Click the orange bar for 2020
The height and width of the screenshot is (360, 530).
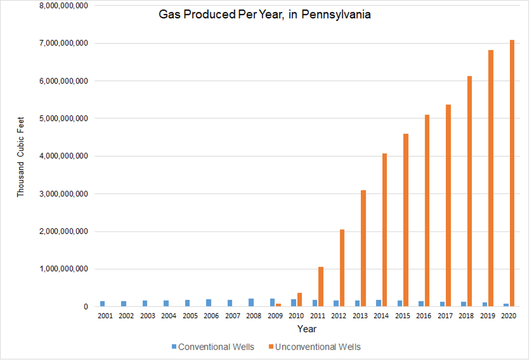[512, 173]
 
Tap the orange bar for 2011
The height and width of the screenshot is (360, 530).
[321, 287]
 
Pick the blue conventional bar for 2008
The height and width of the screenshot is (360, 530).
[251, 303]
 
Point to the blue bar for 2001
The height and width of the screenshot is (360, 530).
[103, 304]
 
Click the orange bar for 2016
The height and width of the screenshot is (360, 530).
[427, 211]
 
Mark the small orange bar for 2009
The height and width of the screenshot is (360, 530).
[278, 305]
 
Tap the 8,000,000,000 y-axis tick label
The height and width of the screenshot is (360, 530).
[64, 5]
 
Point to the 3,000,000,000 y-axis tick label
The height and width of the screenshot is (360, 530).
[64, 194]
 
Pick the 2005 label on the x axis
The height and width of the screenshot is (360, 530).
[190, 316]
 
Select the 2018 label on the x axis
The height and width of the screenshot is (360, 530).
[466, 316]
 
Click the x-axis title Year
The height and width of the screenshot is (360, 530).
[306, 329]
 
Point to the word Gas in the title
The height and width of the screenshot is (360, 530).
[168, 15]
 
